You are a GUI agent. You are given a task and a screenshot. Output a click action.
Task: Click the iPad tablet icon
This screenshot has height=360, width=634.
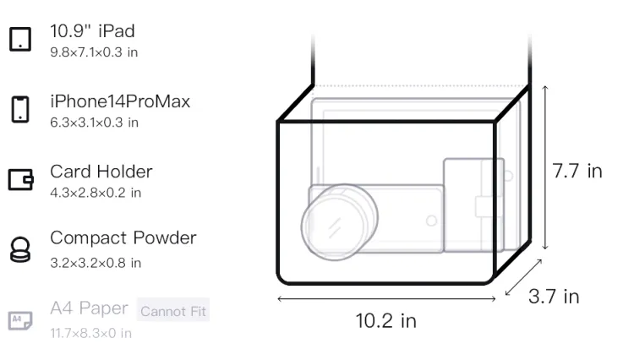click(x=20, y=39)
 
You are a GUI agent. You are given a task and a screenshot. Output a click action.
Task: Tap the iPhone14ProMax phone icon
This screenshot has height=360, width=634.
click(x=20, y=109)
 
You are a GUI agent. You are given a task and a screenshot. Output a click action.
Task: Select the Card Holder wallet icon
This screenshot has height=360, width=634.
click(x=20, y=179)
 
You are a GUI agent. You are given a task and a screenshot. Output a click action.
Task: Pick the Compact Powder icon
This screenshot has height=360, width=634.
click(x=20, y=249)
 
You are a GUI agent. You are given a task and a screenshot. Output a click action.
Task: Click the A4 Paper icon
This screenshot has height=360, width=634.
click(x=20, y=320)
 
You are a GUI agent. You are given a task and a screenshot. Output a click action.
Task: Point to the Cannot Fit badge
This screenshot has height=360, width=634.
click(x=173, y=310)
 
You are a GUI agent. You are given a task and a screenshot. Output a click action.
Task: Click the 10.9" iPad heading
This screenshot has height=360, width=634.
click(x=92, y=31)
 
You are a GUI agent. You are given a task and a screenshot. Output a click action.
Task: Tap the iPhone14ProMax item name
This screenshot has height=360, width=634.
click(x=120, y=101)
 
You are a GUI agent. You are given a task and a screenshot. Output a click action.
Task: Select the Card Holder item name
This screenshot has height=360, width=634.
click(x=101, y=172)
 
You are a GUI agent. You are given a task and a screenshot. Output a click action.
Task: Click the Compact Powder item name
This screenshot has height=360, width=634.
click(x=123, y=238)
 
